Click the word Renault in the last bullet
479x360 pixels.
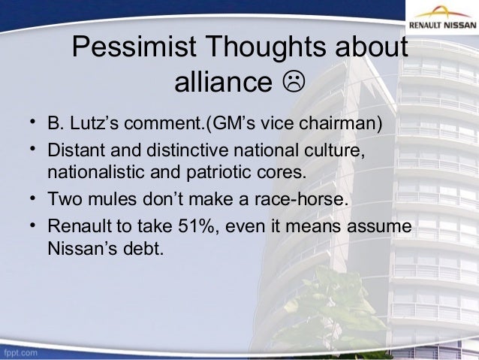[x=79, y=226]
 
